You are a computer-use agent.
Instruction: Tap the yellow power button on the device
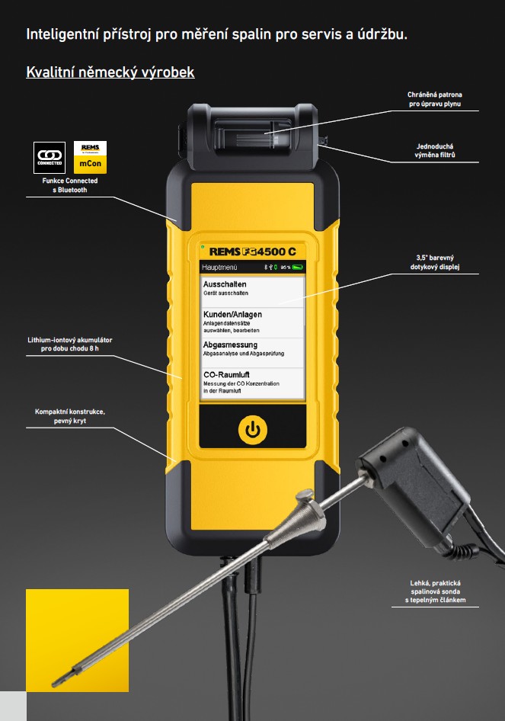253,430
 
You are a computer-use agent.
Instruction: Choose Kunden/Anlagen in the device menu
252,322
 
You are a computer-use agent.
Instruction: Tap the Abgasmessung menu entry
252,353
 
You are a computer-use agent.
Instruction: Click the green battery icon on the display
298,268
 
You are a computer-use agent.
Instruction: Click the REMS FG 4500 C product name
252,252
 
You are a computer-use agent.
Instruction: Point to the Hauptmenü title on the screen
219,268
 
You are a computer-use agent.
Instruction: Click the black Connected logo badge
50,157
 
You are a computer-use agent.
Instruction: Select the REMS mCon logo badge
90,157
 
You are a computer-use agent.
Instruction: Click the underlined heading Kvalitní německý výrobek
110,72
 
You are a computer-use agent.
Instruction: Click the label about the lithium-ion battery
70,344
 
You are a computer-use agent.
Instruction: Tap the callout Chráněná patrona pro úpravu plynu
435,99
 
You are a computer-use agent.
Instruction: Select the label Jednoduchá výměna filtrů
435,150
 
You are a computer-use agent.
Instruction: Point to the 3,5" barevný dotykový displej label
435,262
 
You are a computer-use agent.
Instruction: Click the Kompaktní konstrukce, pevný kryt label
70,415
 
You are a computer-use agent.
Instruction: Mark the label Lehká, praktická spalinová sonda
435,591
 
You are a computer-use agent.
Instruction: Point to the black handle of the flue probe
416,482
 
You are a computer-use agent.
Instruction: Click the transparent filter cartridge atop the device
267,134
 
